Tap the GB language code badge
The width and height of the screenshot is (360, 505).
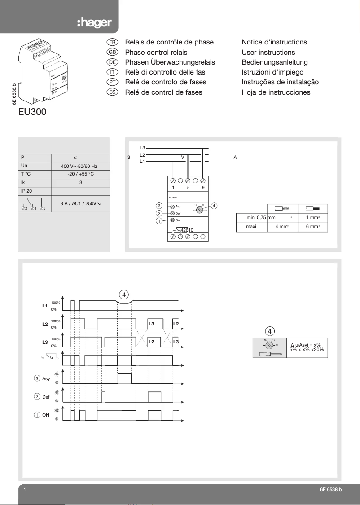(x=112, y=52)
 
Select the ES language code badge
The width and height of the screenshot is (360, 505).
(x=112, y=92)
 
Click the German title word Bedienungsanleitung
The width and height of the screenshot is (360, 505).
(x=274, y=62)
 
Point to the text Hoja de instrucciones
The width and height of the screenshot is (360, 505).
(x=276, y=92)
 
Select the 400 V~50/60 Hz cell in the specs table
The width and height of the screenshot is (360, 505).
(x=79, y=166)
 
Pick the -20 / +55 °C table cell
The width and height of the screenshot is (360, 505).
(x=80, y=174)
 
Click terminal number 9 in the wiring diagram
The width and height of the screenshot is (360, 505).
(x=203, y=187)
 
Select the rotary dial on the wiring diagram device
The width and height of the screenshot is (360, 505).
(x=199, y=209)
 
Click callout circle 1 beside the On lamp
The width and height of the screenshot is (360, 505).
(x=159, y=221)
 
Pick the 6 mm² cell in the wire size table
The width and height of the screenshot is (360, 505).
(x=313, y=227)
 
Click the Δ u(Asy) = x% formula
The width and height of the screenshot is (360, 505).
(x=305, y=344)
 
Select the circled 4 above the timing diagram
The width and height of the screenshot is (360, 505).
(x=124, y=294)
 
